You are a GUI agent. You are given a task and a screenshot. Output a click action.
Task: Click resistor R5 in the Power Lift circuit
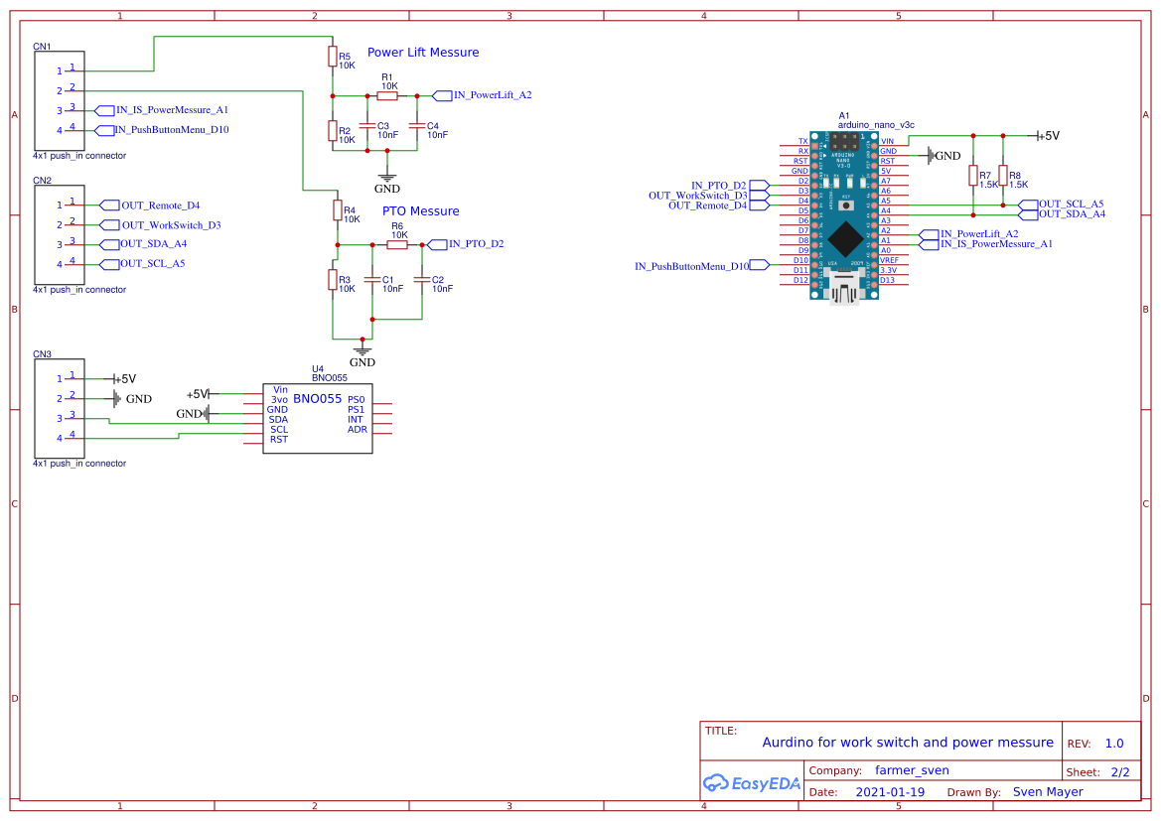point(333,58)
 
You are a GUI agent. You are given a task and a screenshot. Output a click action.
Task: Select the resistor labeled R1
point(387,95)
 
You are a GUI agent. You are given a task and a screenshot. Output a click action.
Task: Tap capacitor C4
point(417,126)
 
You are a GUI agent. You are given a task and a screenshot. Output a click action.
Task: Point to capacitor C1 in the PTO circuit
point(372,280)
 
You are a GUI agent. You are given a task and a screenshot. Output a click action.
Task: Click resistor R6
point(397,244)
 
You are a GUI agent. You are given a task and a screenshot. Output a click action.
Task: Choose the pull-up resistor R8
point(1003,177)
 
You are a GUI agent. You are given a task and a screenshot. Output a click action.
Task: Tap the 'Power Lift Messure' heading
point(423,53)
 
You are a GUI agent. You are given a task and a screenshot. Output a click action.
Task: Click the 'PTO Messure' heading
point(420,211)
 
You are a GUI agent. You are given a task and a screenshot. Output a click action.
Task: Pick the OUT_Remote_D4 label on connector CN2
point(159,205)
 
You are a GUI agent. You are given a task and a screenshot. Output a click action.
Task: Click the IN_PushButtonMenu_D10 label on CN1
point(171,130)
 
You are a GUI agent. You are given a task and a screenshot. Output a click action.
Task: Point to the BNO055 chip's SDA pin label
point(278,419)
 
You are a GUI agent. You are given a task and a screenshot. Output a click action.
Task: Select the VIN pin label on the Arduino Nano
point(888,141)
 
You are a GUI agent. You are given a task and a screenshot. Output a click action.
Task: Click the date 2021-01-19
point(890,792)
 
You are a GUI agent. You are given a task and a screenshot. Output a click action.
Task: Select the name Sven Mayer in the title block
point(1047,792)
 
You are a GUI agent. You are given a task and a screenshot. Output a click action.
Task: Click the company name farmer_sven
point(912,770)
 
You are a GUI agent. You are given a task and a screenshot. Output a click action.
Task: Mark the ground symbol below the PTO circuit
point(363,351)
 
